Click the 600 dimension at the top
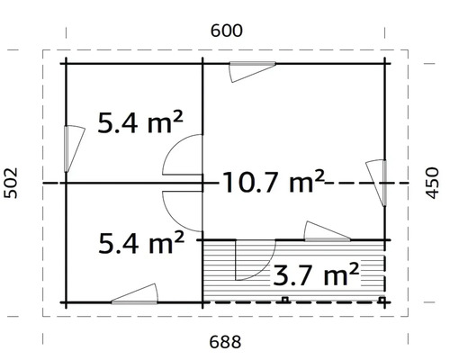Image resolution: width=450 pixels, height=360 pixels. pyautogui.click(x=227, y=30)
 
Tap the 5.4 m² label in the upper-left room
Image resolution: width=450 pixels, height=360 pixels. pyautogui.click(x=140, y=121)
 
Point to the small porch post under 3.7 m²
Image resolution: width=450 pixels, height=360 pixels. pyautogui.click(x=283, y=300)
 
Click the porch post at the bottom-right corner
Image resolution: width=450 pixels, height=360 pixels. pyautogui.click(x=385, y=300)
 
